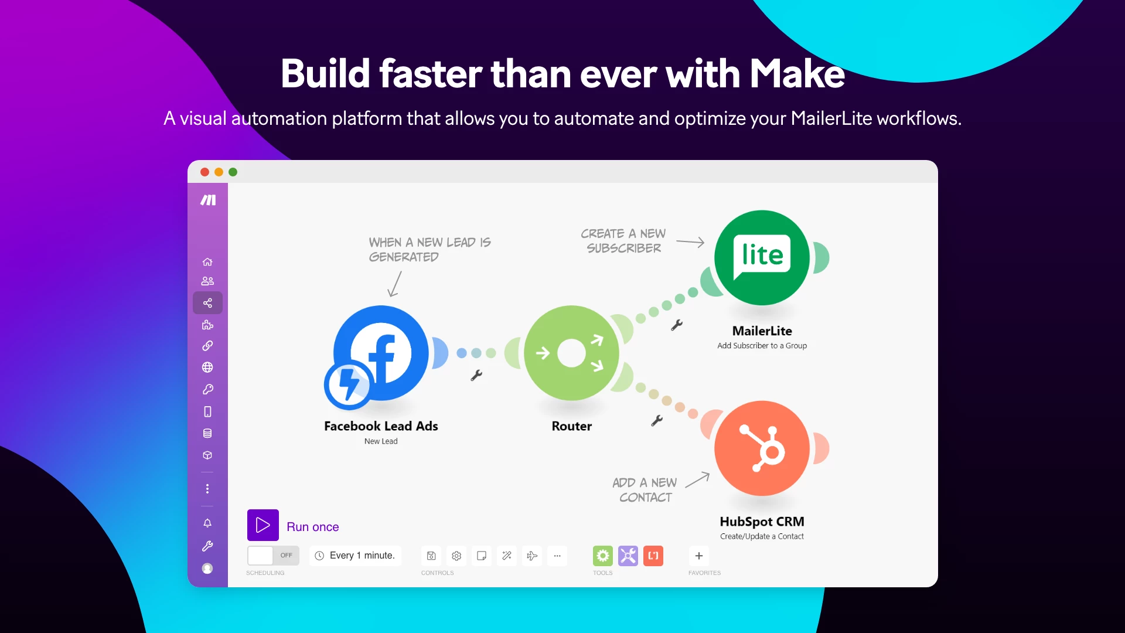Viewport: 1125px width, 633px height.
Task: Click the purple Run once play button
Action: point(262,525)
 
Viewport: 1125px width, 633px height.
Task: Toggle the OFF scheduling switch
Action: point(273,555)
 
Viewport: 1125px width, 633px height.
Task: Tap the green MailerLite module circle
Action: point(762,257)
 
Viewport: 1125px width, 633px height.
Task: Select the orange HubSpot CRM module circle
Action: point(762,448)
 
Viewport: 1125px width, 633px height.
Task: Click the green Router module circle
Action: point(571,353)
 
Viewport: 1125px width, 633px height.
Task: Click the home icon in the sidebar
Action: point(207,262)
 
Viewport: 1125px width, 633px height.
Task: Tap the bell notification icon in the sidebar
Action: point(207,523)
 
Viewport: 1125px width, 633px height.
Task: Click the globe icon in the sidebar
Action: point(207,367)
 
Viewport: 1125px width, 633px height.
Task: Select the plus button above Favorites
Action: point(698,556)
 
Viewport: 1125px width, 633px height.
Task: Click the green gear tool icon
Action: point(602,556)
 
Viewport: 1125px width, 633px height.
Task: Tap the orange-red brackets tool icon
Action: point(653,556)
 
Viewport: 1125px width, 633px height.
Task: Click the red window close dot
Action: point(204,172)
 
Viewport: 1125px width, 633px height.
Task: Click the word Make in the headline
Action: point(797,74)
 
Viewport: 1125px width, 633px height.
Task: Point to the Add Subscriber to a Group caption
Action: point(762,346)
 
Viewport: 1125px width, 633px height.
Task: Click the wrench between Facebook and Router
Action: point(476,375)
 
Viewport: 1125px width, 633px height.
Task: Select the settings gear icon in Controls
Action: point(456,556)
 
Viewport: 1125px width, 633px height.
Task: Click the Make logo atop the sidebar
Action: point(208,200)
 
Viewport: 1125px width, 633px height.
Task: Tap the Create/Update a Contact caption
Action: point(762,536)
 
